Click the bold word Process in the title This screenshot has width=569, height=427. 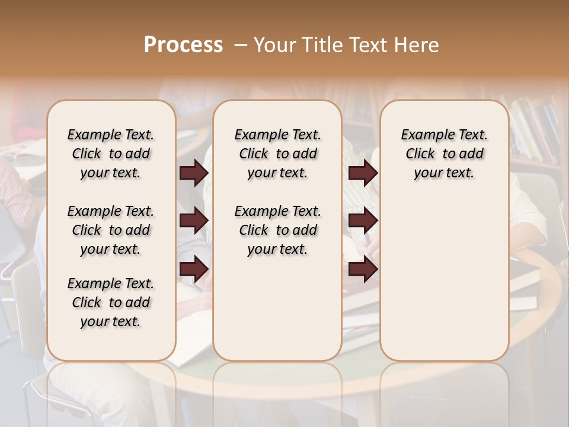[183, 45]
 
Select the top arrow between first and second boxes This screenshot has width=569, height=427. [194, 173]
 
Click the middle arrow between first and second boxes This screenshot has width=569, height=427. [194, 221]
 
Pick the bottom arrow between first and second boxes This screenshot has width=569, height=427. [194, 269]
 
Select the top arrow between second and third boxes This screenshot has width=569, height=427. [363, 173]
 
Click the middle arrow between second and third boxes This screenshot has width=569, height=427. [363, 221]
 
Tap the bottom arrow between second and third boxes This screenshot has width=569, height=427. [363, 269]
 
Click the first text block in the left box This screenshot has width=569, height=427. [111, 154]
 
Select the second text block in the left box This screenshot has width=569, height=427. [111, 230]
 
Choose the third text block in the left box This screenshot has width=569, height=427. [111, 302]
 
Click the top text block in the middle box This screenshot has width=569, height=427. [277, 154]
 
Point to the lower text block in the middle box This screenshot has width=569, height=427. [277, 230]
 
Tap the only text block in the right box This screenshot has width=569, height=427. [444, 154]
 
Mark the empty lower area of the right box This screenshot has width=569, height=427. [444, 279]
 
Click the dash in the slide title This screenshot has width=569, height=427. [241, 46]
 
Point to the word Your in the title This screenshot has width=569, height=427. [274, 45]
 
